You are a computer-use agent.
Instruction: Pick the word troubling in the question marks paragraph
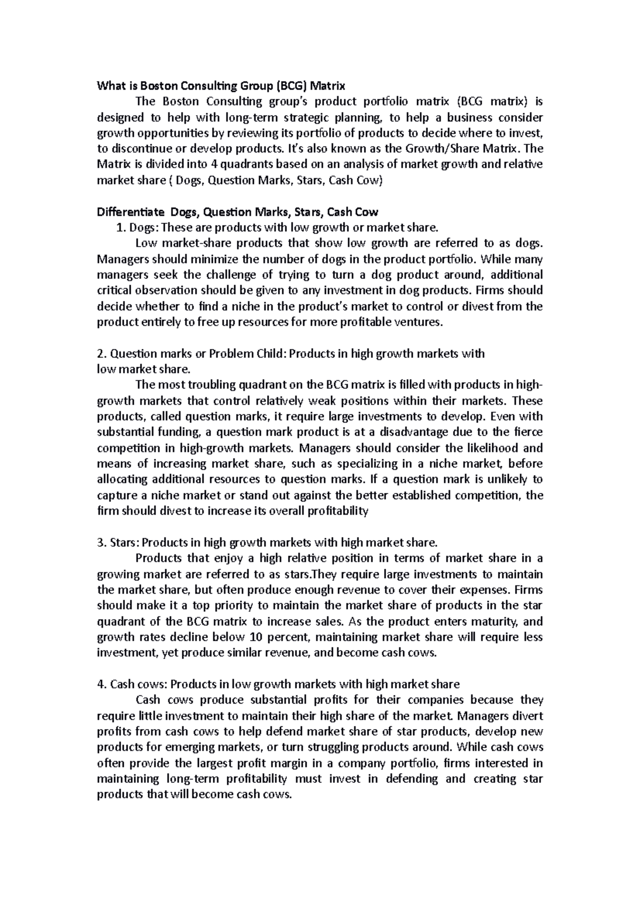click(210, 385)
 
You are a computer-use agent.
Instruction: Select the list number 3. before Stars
click(101, 543)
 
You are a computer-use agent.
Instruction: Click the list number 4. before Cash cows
click(102, 684)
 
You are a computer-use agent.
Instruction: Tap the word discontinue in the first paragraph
click(138, 149)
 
